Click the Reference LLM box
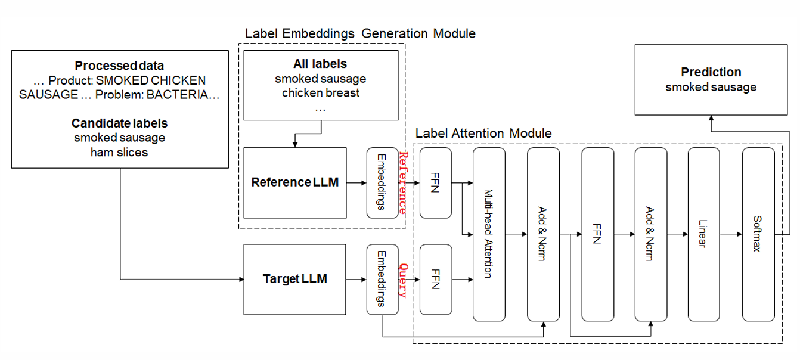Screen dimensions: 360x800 point(294,182)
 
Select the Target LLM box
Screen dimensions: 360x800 point(294,279)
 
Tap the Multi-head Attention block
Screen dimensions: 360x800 point(489,234)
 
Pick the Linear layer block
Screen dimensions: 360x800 point(703,234)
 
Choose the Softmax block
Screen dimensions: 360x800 point(758,234)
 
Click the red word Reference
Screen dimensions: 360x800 point(404,182)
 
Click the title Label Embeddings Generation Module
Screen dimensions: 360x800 point(361,33)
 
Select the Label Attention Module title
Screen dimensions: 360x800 point(483,133)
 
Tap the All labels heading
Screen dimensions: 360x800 point(320,64)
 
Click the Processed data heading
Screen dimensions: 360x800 point(119,66)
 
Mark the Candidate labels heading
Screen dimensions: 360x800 point(119,123)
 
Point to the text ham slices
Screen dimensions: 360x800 point(119,152)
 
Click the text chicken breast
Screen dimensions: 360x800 point(320,93)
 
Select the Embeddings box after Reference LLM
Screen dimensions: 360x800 point(382,182)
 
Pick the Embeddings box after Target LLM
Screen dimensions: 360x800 point(382,279)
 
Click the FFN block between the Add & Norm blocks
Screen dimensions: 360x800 point(597,234)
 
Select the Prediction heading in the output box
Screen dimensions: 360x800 point(711,72)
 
